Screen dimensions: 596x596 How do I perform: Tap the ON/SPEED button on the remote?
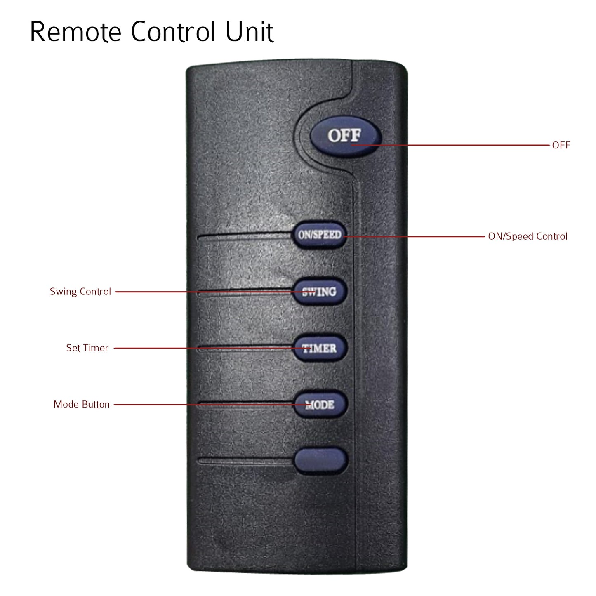pyautogui.click(x=320, y=235)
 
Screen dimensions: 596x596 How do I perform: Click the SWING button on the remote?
pyautogui.click(x=320, y=291)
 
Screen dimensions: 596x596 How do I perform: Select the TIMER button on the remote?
pyautogui.click(x=320, y=348)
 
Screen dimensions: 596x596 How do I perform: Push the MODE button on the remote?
pyautogui.click(x=320, y=405)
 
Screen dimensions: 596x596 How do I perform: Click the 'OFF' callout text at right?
pyautogui.click(x=561, y=145)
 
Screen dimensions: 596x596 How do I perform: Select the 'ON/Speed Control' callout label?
pyautogui.click(x=528, y=236)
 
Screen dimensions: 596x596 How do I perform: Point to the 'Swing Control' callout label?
pyautogui.click(x=80, y=292)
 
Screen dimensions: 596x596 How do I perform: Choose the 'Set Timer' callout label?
pyautogui.click(x=87, y=348)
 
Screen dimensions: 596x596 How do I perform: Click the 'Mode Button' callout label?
pyautogui.click(x=82, y=405)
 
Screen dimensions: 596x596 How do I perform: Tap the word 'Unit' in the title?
pyautogui.click(x=249, y=32)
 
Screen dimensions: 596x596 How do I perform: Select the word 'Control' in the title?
pyautogui.click(x=173, y=32)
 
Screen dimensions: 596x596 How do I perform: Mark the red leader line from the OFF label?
pyautogui.click(x=454, y=145)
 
